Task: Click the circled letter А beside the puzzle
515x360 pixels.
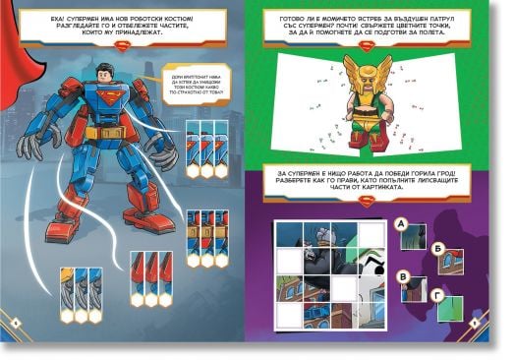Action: (x=400, y=223)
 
